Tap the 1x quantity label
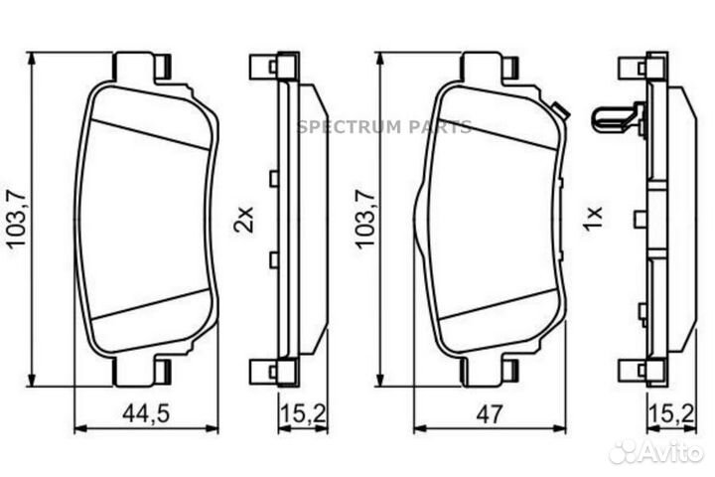[x=593, y=219]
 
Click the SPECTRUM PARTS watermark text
[x=384, y=127]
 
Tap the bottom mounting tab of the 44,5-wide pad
[x=138, y=373]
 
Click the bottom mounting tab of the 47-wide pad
[x=488, y=373]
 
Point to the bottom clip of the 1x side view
[x=636, y=371]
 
